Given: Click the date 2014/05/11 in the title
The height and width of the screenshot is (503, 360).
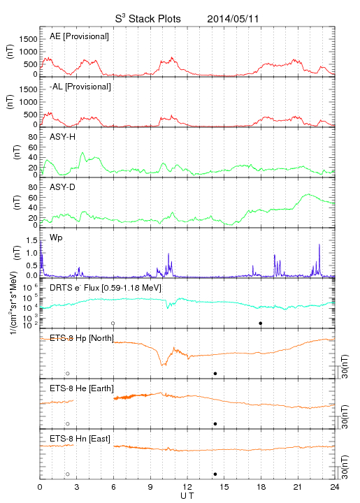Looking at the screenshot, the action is (233, 19).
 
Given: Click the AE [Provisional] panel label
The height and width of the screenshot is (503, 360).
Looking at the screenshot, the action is (79, 36).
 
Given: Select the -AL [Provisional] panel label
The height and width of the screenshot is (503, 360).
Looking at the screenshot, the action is (80, 87).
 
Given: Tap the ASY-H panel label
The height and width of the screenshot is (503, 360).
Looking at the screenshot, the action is (63, 137).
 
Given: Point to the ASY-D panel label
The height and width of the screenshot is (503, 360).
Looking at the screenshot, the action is (63, 187).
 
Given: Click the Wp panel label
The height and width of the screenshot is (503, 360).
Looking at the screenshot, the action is (56, 238).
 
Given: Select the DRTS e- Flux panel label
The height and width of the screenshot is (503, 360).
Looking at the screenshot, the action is (106, 288).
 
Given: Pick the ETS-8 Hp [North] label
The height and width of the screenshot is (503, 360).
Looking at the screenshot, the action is (82, 338).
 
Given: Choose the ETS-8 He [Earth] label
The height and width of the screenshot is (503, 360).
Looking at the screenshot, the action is (82, 388).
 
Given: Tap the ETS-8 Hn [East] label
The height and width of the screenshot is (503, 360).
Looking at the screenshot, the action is (80, 439).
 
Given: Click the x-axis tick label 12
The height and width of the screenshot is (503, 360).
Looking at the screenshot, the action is (187, 487).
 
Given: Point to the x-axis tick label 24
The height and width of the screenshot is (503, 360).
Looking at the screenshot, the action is (335, 487).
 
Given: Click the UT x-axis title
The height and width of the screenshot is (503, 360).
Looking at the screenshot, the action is (187, 496).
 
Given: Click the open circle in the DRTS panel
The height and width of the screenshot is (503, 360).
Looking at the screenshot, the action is (113, 323).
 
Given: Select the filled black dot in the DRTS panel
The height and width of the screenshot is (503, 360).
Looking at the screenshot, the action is (261, 323).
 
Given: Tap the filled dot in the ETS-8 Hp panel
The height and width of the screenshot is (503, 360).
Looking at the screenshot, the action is (215, 373).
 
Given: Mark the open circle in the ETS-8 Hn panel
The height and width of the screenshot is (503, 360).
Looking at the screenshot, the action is (68, 474).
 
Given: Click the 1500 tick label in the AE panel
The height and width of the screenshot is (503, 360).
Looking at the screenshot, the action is (29, 39).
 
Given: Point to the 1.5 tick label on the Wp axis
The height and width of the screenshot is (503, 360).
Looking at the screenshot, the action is (31, 240).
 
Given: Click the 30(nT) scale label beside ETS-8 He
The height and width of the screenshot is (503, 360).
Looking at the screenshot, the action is (345, 416).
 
